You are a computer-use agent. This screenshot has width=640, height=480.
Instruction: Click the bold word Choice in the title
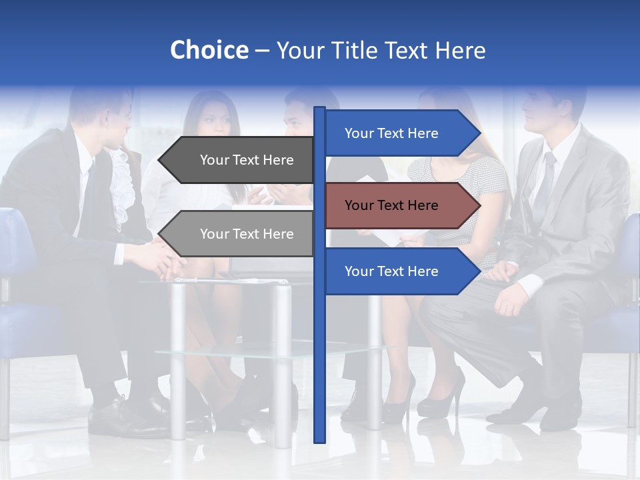tap(209, 50)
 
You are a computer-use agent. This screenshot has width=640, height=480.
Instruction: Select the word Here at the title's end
tap(461, 50)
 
